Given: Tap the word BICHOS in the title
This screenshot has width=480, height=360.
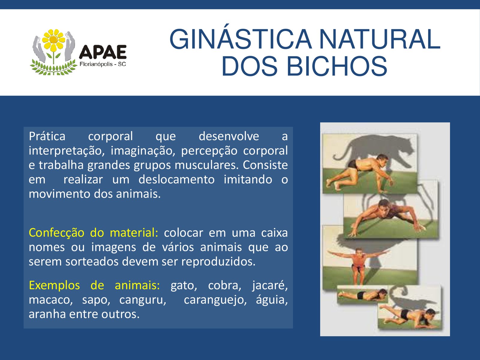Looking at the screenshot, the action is [337, 66].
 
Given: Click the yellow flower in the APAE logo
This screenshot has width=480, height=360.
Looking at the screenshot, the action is [54, 39].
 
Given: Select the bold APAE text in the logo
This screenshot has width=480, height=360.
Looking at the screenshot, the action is [103, 52].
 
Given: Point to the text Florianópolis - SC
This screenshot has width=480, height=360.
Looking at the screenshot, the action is [103, 64].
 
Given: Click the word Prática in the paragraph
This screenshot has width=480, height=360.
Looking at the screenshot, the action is [47, 136].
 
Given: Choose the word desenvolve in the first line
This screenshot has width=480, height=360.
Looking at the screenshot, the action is [229, 136].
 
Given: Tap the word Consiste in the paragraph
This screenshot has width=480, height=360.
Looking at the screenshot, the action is [265, 165].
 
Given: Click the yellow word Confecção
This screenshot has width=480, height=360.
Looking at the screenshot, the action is [56, 233].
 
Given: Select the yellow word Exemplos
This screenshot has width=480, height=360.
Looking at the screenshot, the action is [54, 286].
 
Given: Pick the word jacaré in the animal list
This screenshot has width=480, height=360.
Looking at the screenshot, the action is [270, 286].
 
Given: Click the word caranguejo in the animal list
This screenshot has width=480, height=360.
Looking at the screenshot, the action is [215, 300].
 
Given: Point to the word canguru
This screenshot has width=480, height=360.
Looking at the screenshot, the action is [142, 300].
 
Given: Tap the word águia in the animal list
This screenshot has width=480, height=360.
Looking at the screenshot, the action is [272, 299].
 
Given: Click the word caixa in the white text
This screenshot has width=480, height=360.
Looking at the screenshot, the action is [274, 233].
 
